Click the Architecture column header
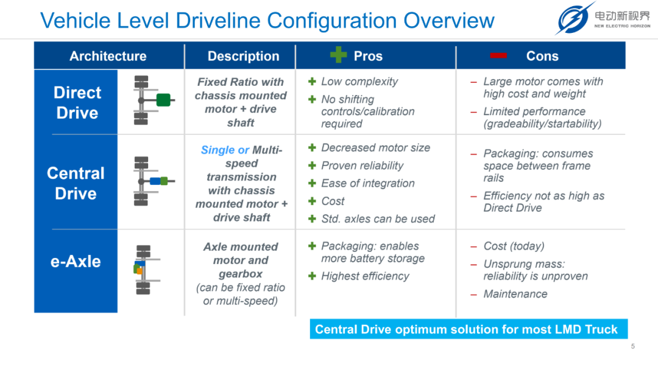(108, 56)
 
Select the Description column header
(243, 56)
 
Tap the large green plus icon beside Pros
(338, 55)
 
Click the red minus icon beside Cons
(498, 55)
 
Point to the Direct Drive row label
(77, 103)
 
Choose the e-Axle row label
(76, 262)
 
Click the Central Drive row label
(76, 184)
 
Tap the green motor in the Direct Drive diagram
(163, 100)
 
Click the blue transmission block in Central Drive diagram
(155, 181)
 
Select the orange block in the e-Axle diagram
(140, 271)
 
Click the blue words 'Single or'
(225, 150)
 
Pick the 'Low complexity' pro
(359, 82)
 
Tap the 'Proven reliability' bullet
(362, 166)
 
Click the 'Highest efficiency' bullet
(365, 276)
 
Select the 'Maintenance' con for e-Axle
(515, 294)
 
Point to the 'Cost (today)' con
(514, 246)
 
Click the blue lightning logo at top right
(573, 19)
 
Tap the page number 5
(633, 346)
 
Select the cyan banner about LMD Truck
(469, 329)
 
